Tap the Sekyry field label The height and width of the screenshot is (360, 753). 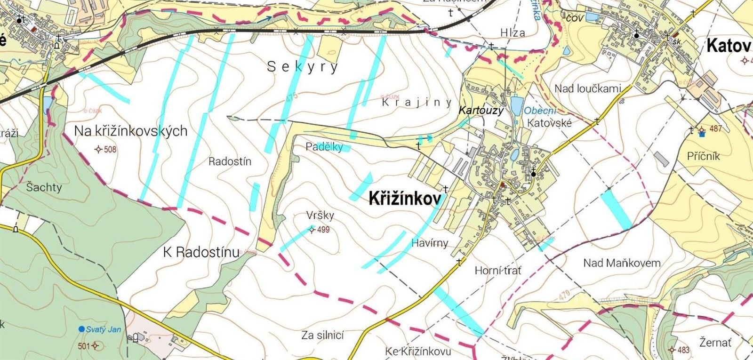tap(303, 67)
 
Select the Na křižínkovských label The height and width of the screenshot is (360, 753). tap(131, 131)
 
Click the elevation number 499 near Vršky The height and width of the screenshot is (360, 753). tap(323, 230)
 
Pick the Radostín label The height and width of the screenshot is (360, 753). tap(230, 161)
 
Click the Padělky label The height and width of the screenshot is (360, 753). tap(324, 146)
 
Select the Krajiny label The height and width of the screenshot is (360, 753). tap(417, 102)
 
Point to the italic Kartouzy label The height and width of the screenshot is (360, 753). tap(481, 111)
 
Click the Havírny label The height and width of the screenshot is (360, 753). tap(430, 243)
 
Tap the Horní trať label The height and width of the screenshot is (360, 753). tap(498, 271)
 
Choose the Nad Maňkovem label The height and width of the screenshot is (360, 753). tap(622, 263)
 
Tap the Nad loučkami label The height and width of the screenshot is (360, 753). tap(588, 88)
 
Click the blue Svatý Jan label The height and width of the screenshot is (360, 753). tap(103, 329)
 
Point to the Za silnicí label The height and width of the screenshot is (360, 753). tap(323, 335)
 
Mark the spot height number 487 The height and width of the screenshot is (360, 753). tap(715, 129)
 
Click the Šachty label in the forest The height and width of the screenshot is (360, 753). tap(44, 187)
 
